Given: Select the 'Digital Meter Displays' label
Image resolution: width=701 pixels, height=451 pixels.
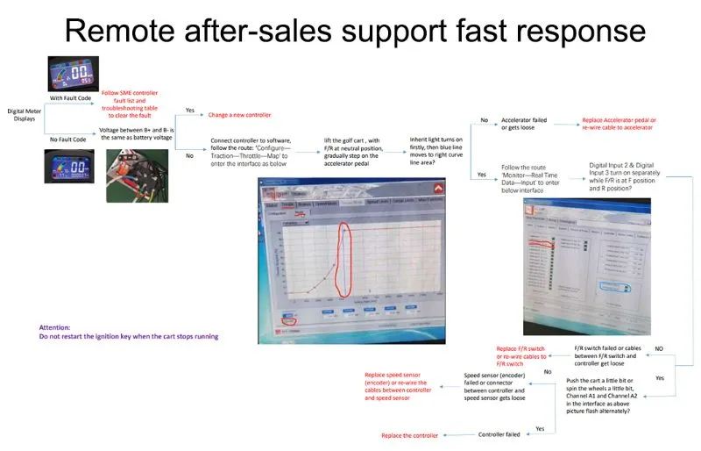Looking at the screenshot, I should click(x=24, y=116).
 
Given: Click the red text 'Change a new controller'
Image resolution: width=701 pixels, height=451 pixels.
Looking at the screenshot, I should click(x=239, y=115).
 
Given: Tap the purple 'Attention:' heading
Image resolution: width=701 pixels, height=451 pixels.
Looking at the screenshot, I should click(x=54, y=327).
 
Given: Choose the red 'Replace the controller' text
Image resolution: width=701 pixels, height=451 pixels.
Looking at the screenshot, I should click(x=408, y=435).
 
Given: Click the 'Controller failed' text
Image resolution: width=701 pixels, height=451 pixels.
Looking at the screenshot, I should click(x=499, y=434).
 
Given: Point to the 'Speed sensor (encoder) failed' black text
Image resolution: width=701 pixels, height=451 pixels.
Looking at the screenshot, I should click(x=494, y=386).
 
